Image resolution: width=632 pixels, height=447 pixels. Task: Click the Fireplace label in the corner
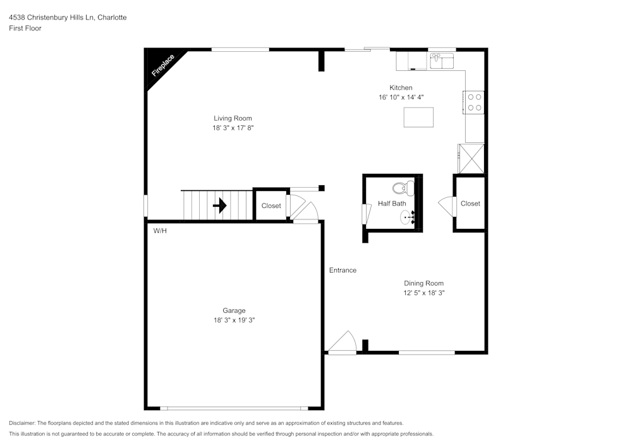click(x=162, y=66)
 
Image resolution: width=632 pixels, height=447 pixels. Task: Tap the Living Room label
click(x=233, y=118)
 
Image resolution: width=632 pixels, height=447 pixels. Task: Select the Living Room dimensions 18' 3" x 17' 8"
click(x=233, y=128)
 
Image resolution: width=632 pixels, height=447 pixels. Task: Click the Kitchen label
click(x=401, y=88)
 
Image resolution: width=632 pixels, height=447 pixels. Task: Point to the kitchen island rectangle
click(x=418, y=117)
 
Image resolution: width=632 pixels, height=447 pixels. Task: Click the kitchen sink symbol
click(x=442, y=61)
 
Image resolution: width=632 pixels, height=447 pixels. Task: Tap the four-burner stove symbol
click(x=475, y=102)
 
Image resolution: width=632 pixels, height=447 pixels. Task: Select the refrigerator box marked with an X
click(x=471, y=158)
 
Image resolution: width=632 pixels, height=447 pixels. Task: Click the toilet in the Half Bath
click(x=402, y=188)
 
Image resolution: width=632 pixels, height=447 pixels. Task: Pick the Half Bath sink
click(x=408, y=218)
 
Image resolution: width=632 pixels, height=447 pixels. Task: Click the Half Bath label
click(x=392, y=204)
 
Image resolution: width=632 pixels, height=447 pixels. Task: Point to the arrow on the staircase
click(x=219, y=205)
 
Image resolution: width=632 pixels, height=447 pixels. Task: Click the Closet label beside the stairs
click(x=271, y=206)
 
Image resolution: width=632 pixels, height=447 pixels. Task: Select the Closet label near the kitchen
click(x=470, y=204)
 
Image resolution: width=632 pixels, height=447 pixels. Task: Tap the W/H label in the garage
click(x=160, y=231)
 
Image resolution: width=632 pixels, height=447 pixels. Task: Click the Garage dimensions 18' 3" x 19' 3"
click(x=234, y=320)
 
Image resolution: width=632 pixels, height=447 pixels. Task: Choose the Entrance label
click(x=343, y=270)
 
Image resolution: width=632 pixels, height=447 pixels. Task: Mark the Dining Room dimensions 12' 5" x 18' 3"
click(x=424, y=293)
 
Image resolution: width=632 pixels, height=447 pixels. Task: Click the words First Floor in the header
click(x=25, y=28)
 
